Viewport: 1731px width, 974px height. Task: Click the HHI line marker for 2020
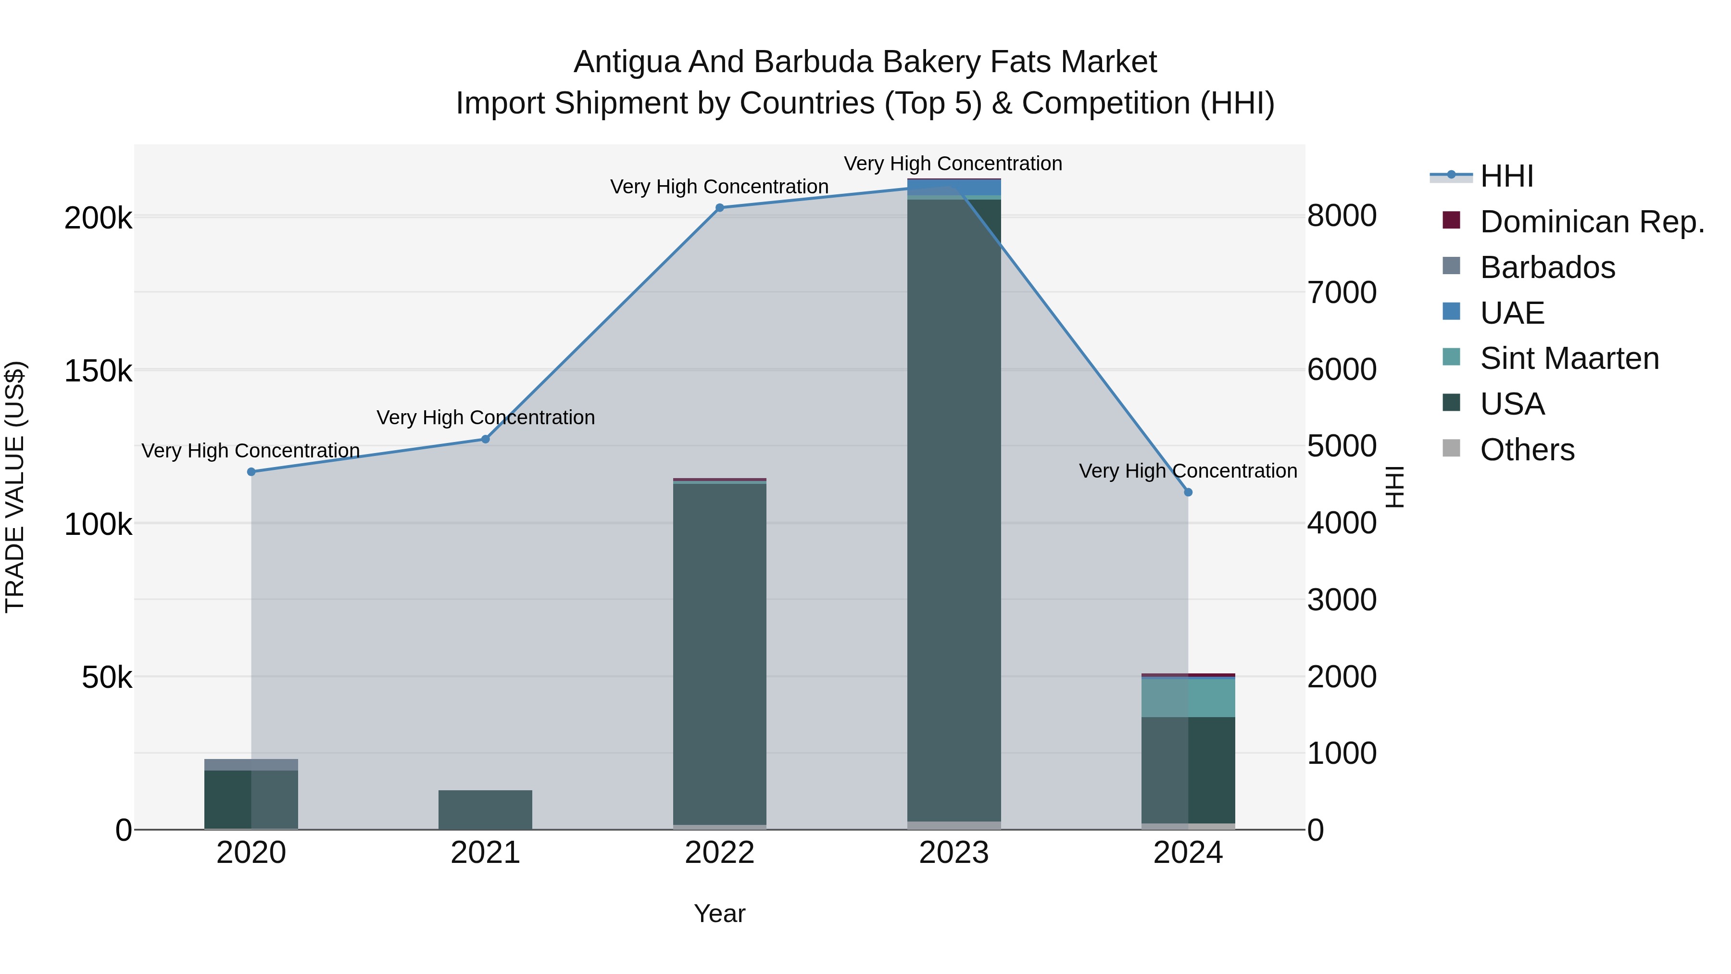pos(251,472)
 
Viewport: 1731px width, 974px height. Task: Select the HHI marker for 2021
pos(485,439)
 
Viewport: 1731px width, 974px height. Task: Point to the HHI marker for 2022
pos(720,208)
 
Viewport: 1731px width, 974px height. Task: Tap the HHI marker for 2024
pos(1188,492)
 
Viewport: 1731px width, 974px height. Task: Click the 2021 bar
pos(485,810)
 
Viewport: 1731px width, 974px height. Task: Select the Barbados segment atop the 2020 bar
pos(251,764)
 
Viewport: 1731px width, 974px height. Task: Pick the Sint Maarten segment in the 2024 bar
pos(1188,698)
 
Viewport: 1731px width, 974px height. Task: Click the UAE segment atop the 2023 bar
pos(954,186)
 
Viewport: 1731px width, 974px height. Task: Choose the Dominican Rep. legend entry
pos(1592,222)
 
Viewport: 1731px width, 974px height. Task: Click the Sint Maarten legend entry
pos(1569,358)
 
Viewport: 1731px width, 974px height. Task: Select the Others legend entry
pos(1527,450)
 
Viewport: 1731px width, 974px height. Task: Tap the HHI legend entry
pos(1506,176)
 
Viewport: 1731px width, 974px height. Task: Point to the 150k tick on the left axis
pos(98,371)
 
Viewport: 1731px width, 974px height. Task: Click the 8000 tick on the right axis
pos(1341,216)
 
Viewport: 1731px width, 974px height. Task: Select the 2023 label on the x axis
pos(953,853)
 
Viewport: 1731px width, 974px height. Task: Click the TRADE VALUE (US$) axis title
pos(15,487)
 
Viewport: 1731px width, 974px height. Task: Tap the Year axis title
pos(720,913)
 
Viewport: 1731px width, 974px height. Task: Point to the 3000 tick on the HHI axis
pos(1341,600)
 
